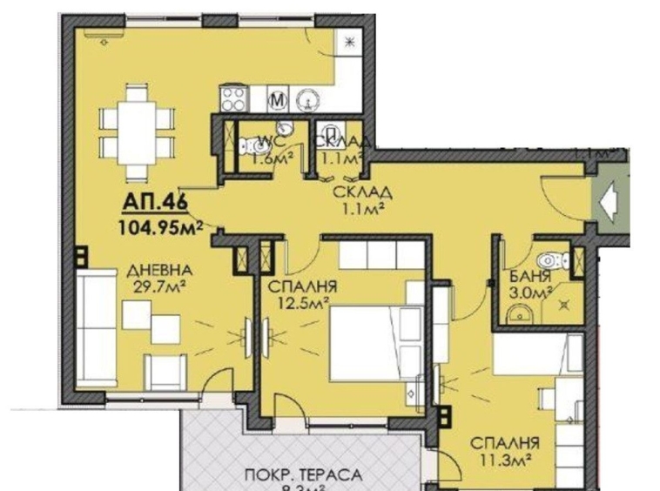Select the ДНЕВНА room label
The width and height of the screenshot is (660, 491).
157,270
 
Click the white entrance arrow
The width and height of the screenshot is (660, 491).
611,199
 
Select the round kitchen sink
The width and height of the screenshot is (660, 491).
308,99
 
